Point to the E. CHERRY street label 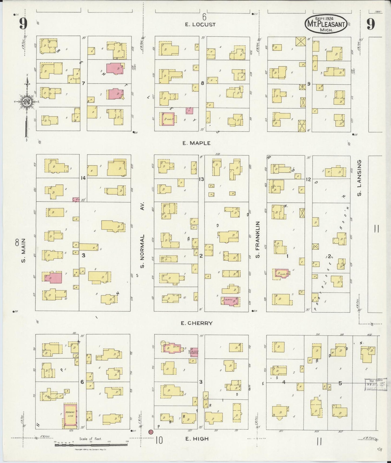[x=197, y=323]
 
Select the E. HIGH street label [x=197, y=439]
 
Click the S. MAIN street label [x=24, y=250]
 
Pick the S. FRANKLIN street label [x=258, y=240]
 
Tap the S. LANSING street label [x=359, y=178]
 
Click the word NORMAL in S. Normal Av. [x=142, y=251]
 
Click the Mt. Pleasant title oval [x=326, y=24]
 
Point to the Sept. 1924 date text [x=324, y=19]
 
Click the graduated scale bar [x=91, y=444]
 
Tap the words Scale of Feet [x=90, y=439]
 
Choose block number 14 [x=83, y=178]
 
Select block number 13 [x=201, y=179]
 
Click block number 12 [x=308, y=179]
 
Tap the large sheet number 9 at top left [x=23, y=24]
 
